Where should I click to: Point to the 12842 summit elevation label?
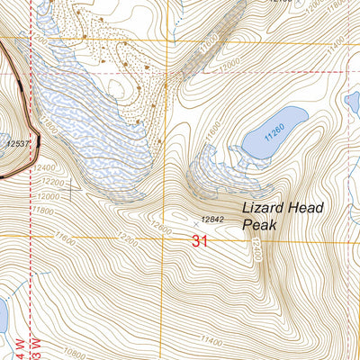coord(211,219)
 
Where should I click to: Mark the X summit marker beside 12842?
coord(195,219)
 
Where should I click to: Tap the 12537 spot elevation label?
coord(21,143)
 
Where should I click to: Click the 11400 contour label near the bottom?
coord(212,340)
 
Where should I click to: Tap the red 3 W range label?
coord(37,346)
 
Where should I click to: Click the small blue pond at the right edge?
coord(353,102)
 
